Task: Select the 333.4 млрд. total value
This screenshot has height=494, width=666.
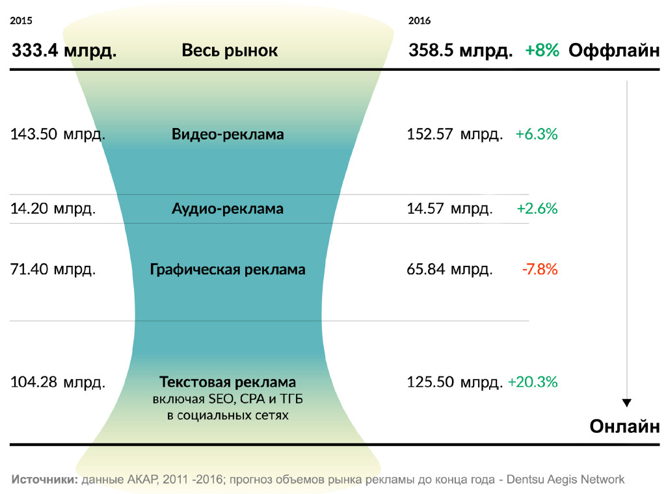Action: pyautogui.click(x=64, y=51)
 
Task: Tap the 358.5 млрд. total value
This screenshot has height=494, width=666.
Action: pyautogui.click(x=460, y=51)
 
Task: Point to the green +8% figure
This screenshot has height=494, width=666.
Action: pyautogui.click(x=542, y=51)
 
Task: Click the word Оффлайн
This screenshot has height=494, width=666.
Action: pyautogui.click(x=614, y=51)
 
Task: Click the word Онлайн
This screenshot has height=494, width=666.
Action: pyautogui.click(x=624, y=426)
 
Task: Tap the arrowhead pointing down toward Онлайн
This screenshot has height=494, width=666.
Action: pyautogui.click(x=626, y=403)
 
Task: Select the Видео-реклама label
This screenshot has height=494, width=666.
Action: pyautogui.click(x=228, y=135)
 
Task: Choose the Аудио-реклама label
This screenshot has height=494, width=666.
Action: pyautogui.click(x=228, y=209)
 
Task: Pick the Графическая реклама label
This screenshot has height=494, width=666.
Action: pyautogui.click(x=228, y=269)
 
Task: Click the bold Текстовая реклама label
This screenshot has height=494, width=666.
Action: pyautogui.click(x=228, y=382)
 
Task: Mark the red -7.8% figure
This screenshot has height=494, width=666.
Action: pyautogui.click(x=539, y=269)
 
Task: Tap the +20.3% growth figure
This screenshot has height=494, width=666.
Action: pyautogui.click(x=533, y=382)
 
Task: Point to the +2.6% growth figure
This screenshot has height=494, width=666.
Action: pyautogui.click(x=537, y=209)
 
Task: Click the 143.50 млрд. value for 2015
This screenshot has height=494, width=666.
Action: pyautogui.click(x=58, y=135)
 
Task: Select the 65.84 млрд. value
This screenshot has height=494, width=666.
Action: pyautogui.click(x=449, y=269)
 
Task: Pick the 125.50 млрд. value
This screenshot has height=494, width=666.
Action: pyautogui.click(x=455, y=382)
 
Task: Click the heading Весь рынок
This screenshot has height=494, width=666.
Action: pyautogui.click(x=230, y=51)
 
